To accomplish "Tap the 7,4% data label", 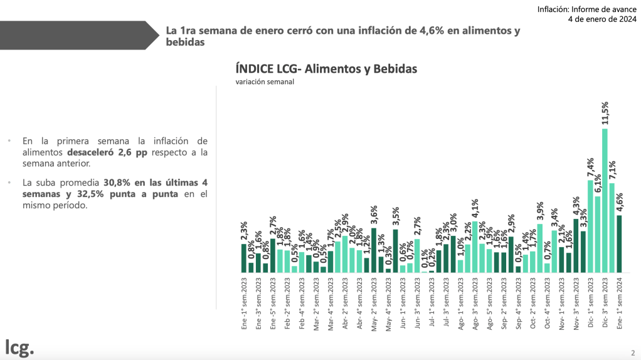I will click(590, 167).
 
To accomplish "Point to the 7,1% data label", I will click(612, 171).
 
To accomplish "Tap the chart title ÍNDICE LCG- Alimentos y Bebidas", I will click(326, 68).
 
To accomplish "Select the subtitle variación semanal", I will click(265, 82).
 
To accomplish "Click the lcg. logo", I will click(19, 347).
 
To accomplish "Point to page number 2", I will click(632, 352).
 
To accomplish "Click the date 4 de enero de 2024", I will click(601, 19).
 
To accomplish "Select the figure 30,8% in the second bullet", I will click(118, 183).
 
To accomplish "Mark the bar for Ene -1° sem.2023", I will click(244, 258).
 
